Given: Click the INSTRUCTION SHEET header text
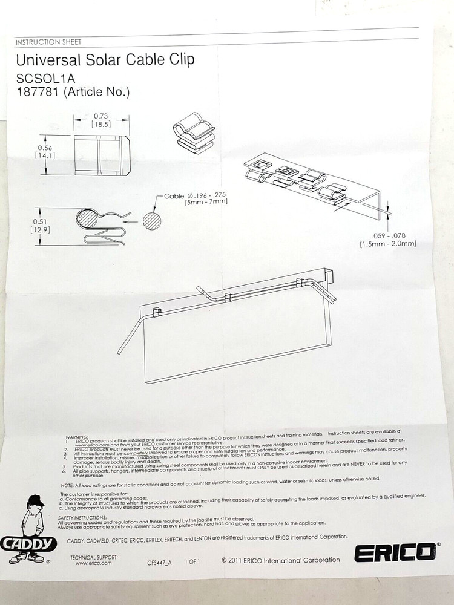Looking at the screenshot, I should coord(48,42).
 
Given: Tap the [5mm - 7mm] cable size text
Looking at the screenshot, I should coord(208,205).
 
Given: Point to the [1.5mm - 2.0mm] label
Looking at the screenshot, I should coord(387,244).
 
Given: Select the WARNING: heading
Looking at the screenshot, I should coord(77,436).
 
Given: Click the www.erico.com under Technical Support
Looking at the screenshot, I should coord(94,563).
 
